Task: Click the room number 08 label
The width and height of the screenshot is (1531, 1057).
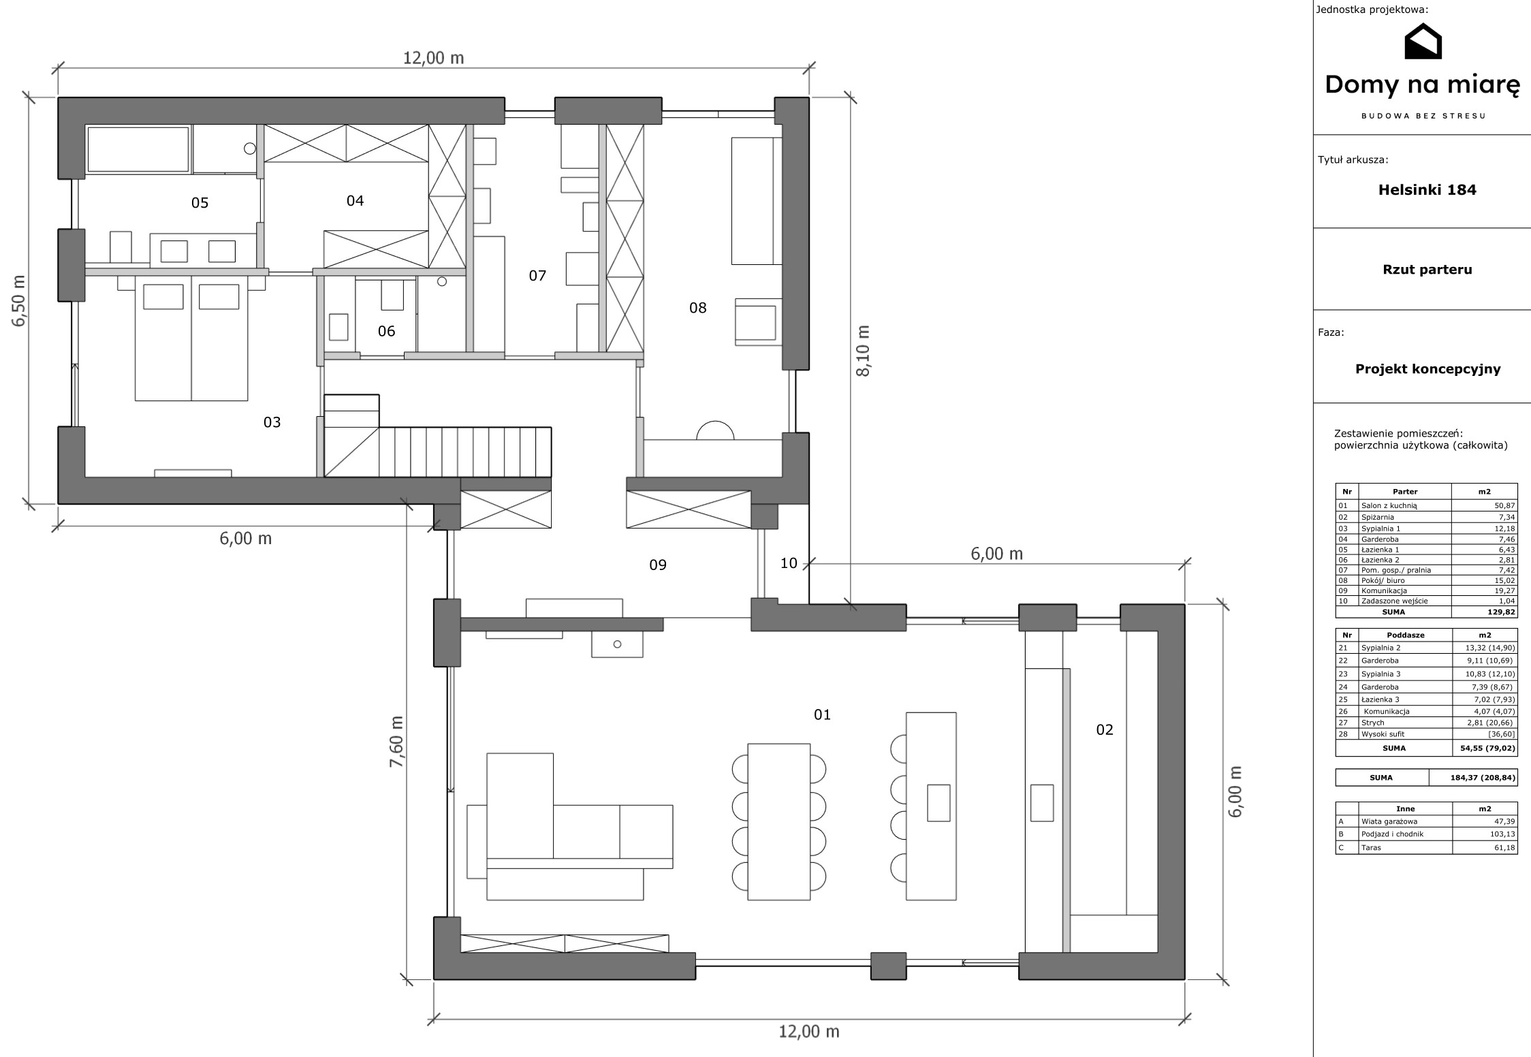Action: (x=697, y=308)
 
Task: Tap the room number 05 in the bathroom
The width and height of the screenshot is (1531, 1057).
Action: (x=200, y=203)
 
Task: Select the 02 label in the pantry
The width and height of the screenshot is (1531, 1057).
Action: (x=1105, y=730)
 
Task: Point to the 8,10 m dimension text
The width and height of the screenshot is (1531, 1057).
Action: (x=863, y=350)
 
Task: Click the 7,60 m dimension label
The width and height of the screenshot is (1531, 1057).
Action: (x=396, y=742)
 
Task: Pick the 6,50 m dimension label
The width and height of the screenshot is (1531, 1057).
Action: (x=18, y=300)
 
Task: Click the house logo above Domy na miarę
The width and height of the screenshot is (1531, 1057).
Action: (x=1423, y=41)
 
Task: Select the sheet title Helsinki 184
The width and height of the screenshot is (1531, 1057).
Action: (x=1427, y=190)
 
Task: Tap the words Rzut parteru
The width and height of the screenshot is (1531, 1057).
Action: (x=1427, y=270)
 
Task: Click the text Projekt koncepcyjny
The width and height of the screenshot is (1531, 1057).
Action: (x=1427, y=369)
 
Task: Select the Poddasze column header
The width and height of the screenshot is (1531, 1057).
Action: (x=1404, y=635)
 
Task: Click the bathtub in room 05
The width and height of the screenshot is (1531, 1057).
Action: (x=138, y=149)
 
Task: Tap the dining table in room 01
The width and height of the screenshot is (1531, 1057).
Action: (x=779, y=821)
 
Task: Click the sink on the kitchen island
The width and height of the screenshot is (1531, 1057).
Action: (x=938, y=803)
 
